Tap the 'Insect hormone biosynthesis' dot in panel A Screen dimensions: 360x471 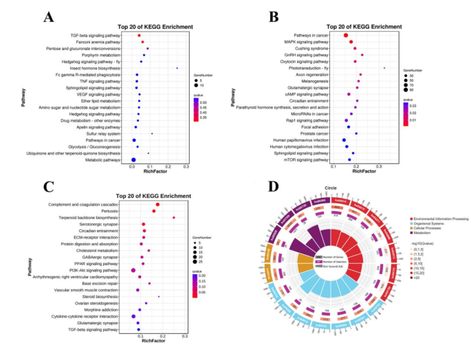[177, 68]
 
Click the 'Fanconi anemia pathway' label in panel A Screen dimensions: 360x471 [100, 42]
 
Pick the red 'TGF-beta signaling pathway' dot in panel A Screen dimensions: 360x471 [139, 35]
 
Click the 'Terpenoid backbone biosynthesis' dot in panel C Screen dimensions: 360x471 [174, 217]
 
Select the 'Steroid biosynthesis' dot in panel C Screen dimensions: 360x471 [159, 297]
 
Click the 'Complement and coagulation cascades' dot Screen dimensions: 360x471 [157, 204]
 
